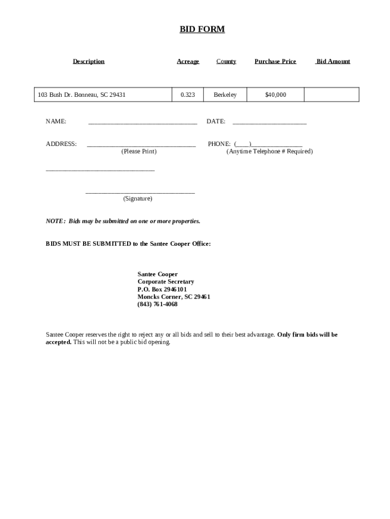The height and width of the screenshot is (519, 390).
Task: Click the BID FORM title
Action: point(202,29)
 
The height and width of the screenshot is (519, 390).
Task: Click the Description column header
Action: point(89,61)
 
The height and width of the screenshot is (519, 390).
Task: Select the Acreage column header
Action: point(188,61)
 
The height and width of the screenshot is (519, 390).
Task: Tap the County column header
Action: point(226,61)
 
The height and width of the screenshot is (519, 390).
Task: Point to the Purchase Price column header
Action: point(275,61)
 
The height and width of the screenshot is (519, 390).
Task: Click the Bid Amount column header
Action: point(333,61)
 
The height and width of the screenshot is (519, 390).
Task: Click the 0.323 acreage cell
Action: point(187,95)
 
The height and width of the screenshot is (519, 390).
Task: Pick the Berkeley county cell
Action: point(225,95)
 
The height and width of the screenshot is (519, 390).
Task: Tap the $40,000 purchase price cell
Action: point(276,95)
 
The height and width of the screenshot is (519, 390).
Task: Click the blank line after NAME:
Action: point(142,122)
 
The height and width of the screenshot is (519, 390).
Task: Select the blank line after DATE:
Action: point(269,122)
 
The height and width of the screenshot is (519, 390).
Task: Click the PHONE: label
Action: point(219,144)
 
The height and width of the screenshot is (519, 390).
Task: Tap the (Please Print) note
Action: point(139,152)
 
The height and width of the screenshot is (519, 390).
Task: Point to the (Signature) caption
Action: point(137,199)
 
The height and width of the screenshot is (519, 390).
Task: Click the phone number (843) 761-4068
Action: point(158,305)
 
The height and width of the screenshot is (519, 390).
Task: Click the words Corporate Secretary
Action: point(166,282)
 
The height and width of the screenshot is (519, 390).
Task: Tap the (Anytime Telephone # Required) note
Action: point(269,152)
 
